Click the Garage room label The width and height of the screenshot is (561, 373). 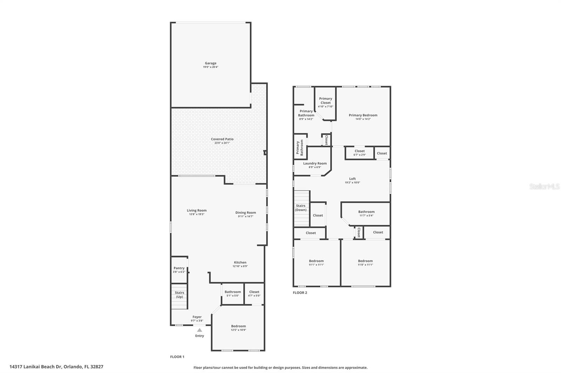click(210, 63)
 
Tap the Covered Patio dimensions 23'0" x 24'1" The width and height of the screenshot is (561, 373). click(222, 143)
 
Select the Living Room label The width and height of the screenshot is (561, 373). click(196, 210)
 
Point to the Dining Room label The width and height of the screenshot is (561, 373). click(245, 212)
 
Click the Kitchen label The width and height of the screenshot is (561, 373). click(240, 262)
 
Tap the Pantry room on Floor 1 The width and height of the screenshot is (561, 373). click(179, 269)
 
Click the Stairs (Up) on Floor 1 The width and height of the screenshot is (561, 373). click(179, 295)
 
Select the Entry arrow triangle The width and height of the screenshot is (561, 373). click(200, 330)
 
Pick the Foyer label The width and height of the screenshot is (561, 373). click(197, 317)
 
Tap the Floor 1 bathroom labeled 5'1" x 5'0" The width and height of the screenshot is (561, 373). click(232, 293)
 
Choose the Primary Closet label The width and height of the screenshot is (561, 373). click(325, 101)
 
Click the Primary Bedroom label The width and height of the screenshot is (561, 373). click(363, 115)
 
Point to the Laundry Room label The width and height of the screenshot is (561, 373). click(315, 163)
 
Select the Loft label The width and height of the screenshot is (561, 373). click(352, 179)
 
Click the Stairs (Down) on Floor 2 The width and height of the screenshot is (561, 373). click(301, 208)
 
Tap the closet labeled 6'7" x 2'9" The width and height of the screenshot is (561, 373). click(359, 153)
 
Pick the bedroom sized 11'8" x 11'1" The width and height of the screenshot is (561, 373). click(365, 262)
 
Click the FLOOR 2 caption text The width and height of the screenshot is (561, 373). click(300, 293)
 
